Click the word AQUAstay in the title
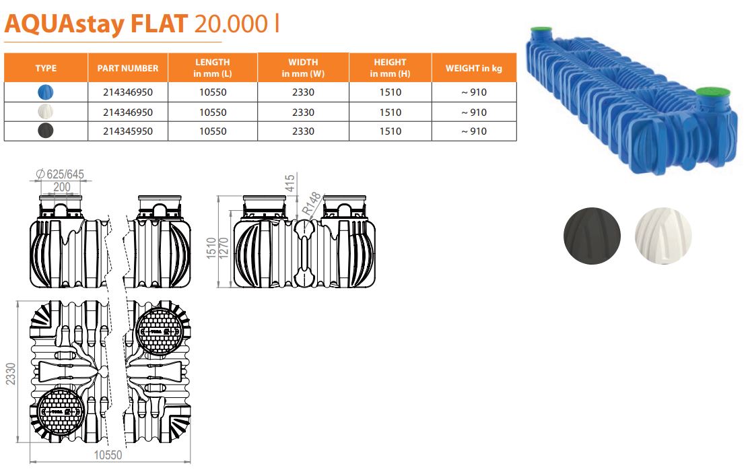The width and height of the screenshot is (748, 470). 65,24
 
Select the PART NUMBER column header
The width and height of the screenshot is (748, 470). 128,68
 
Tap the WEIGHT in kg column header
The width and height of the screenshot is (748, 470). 474,68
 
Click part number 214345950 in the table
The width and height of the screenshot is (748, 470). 128,131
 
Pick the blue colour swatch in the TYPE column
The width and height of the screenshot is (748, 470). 45,92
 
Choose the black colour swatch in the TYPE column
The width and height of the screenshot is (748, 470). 45,131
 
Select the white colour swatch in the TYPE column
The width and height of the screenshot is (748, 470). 45,112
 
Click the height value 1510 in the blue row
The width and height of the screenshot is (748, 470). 390,92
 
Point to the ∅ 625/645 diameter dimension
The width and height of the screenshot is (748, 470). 60,174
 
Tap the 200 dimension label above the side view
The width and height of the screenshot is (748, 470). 61,187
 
